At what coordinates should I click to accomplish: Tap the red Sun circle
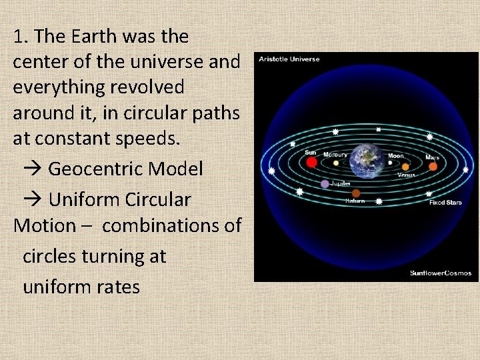tap(311, 162)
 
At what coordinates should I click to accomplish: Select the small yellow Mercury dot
tap(336, 163)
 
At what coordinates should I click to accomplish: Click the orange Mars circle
tap(433, 167)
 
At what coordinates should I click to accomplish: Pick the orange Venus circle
tap(405, 167)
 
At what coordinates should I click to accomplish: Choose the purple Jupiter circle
tap(325, 184)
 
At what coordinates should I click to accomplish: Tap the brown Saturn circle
tap(356, 193)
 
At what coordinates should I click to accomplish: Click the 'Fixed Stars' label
tap(445, 202)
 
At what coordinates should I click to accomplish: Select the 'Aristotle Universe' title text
tap(290, 59)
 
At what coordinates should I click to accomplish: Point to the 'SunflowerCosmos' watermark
tap(441, 273)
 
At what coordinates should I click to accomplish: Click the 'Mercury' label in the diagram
tap(335, 155)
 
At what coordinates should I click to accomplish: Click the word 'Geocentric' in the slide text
tap(95, 169)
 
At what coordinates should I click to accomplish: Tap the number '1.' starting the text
tap(20, 36)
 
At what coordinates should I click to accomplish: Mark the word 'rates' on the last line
tap(117, 287)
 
